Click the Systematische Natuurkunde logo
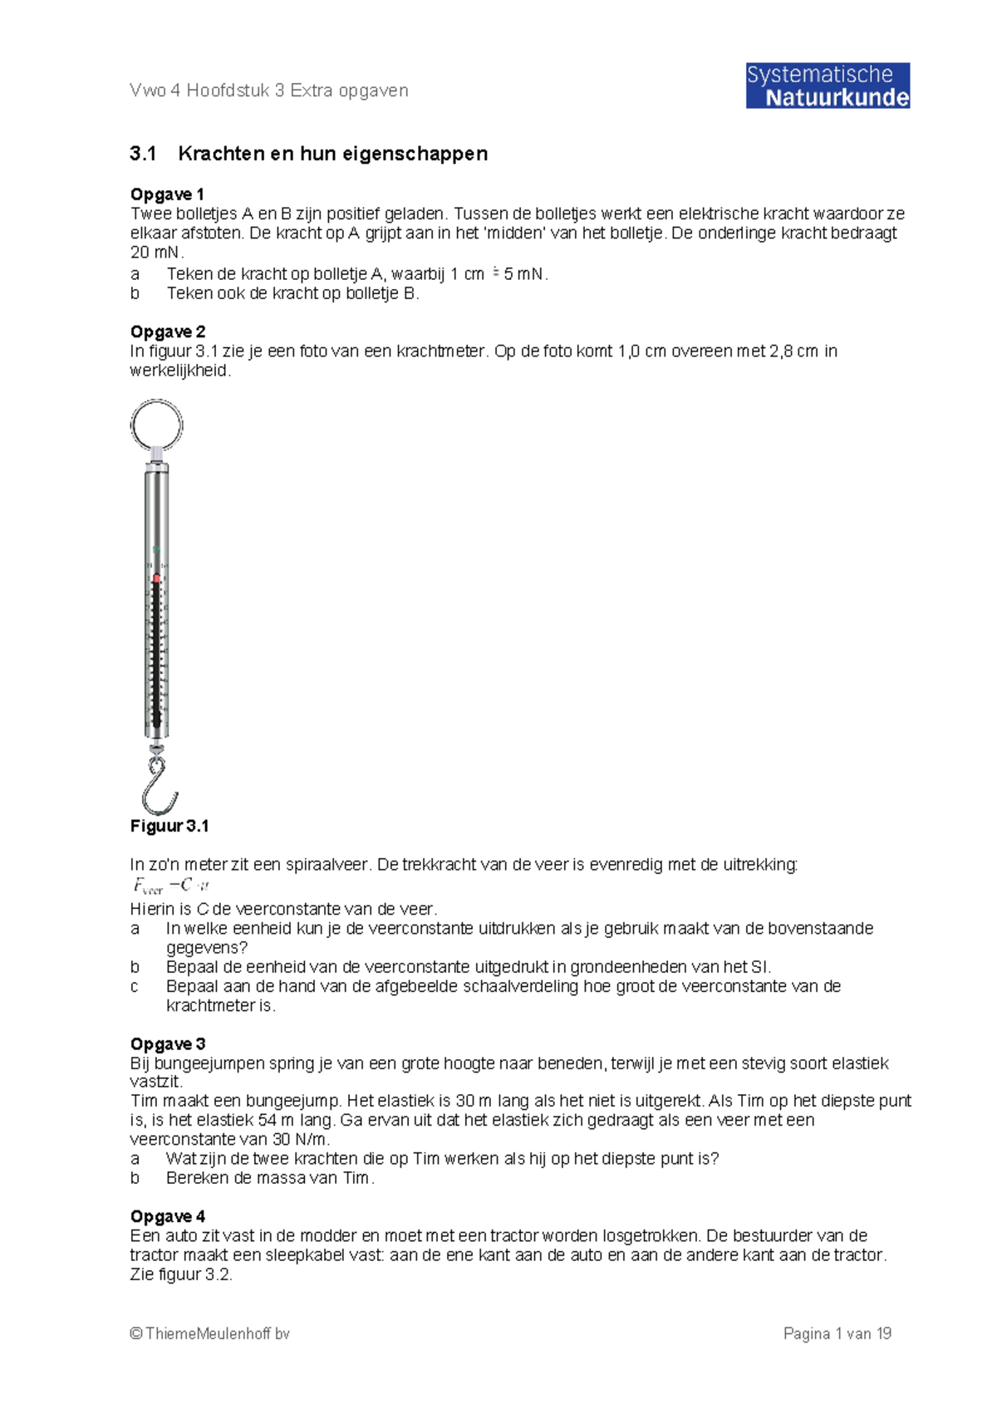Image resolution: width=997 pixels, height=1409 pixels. [x=827, y=86]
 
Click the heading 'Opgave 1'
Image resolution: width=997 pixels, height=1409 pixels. [x=167, y=194]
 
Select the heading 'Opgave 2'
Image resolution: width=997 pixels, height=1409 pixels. [x=168, y=331]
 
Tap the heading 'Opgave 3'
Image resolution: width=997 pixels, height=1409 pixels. [x=168, y=1043]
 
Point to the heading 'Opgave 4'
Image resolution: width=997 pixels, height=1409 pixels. [x=168, y=1216]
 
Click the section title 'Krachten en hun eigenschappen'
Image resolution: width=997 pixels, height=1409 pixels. [x=332, y=154]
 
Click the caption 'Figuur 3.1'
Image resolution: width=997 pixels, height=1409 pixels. [x=169, y=826]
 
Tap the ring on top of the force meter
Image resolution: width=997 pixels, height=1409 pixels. [x=156, y=425]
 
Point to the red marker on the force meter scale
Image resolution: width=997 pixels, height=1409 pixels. [x=156, y=578]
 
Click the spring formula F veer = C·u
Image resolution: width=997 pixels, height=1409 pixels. [x=170, y=886]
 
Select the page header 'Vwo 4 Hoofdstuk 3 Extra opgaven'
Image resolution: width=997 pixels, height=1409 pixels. [x=268, y=91]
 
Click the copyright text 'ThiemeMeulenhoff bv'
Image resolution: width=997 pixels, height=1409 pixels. [x=209, y=1334]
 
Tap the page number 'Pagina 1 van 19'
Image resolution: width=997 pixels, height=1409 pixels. [x=837, y=1334]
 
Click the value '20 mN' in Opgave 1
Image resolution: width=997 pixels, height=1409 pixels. [x=156, y=253]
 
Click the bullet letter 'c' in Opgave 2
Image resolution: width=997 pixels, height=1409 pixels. [x=135, y=986]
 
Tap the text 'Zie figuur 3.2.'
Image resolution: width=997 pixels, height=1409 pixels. [x=181, y=1274]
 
